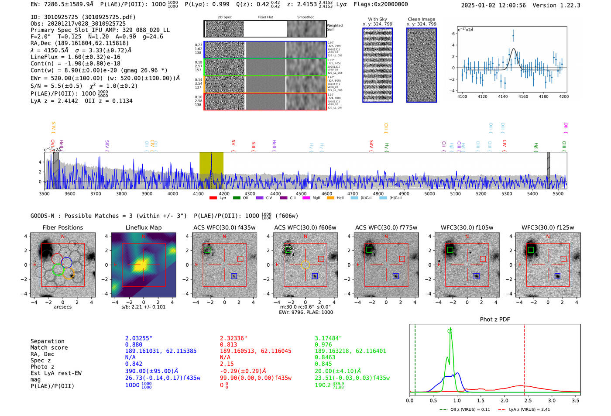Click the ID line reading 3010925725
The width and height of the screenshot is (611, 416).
[83, 17]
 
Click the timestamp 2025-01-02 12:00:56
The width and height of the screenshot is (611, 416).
[493, 5]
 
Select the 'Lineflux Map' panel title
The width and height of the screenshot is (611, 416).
[143, 227]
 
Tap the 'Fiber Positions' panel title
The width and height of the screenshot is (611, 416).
[62, 227]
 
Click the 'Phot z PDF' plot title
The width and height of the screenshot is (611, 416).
[494, 320]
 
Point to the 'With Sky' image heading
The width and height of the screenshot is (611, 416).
[377, 19]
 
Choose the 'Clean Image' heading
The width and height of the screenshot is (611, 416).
[421, 19]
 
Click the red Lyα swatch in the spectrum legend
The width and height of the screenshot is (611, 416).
[213, 198]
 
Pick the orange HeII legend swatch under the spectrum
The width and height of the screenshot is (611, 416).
[330, 198]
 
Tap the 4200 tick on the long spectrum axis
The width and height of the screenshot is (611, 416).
[224, 194]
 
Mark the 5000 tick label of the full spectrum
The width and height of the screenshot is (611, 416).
[429, 194]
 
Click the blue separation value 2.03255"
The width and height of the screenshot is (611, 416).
[138, 338]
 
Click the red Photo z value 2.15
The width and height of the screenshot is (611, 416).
[227, 364]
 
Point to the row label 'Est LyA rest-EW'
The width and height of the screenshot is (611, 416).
[56, 373]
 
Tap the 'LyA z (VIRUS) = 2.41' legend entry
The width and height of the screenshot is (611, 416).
[524, 409]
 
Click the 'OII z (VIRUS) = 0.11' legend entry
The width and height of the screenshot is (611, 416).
[465, 409]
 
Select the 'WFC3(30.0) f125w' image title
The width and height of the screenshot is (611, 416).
[548, 227]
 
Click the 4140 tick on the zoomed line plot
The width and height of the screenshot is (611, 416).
[503, 96]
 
